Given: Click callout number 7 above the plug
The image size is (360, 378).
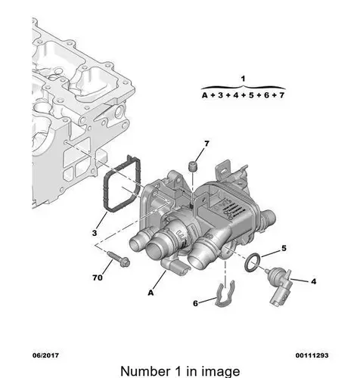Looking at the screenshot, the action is (206, 144).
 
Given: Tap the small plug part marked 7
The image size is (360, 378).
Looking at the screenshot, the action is (193, 166).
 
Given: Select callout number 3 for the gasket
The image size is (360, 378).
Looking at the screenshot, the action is (95, 233).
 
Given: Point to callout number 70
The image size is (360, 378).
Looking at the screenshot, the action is (98, 277).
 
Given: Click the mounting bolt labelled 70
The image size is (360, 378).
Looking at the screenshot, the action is (118, 259).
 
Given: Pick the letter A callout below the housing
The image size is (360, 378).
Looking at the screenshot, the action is (151, 293).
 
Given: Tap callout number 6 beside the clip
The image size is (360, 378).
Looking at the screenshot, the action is (195, 303).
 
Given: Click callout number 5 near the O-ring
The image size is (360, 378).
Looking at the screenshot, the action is (284, 248).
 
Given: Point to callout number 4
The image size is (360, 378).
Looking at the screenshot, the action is (313, 281).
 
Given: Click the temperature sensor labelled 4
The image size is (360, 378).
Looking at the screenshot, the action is (280, 286).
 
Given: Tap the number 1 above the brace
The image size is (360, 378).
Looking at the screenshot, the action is (243, 79).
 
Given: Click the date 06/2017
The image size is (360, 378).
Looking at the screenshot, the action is (45, 355).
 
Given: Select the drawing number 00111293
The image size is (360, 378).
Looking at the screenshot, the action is (312, 355).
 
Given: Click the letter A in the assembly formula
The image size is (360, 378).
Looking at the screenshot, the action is (205, 95).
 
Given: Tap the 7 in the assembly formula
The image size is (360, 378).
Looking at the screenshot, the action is (281, 95).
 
